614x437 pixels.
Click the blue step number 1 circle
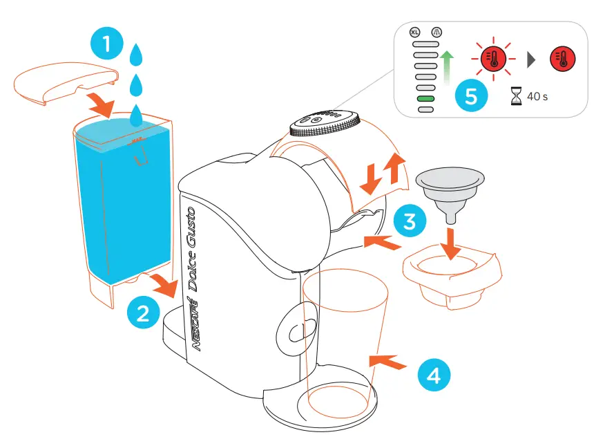106,45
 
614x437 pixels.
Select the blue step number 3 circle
410,222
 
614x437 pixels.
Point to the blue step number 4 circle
432,375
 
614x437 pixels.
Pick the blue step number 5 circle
471,96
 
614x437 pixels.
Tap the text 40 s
537,97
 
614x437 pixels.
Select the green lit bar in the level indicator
425,99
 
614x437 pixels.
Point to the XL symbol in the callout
414,32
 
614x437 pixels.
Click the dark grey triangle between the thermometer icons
531,60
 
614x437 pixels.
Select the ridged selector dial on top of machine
324,122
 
